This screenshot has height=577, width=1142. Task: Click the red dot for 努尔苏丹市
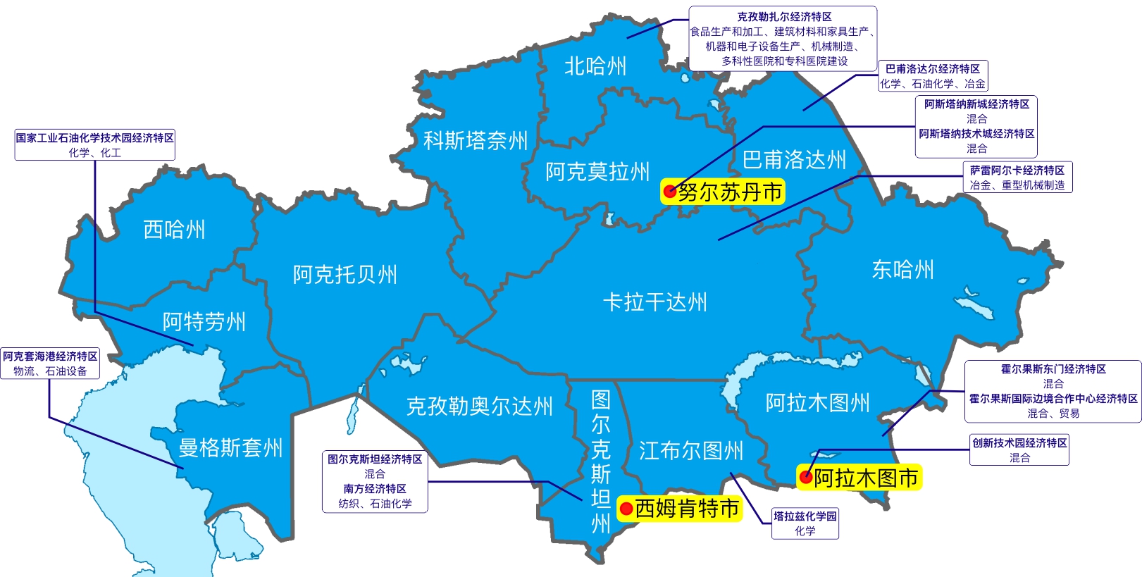click(x=670, y=191)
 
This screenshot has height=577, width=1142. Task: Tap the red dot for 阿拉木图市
click(x=806, y=478)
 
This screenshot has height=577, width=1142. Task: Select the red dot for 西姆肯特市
click(x=626, y=509)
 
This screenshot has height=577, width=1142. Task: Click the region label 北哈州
click(x=595, y=66)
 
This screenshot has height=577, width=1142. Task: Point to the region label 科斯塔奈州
click(x=476, y=141)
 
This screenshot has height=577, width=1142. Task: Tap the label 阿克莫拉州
click(x=597, y=172)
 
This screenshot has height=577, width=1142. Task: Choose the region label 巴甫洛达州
click(x=794, y=160)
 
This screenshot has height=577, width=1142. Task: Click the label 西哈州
click(x=174, y=230)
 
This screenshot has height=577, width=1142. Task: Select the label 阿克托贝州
click(x=345, y=275)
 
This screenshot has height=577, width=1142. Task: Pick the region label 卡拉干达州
click(x=654, y=303)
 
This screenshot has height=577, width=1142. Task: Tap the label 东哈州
click(x=902, y=270)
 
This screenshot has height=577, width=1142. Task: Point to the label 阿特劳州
click(x=204, y=322)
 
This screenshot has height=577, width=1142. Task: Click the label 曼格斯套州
click(x=230, y=448)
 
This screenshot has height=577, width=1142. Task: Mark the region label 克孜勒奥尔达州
click(x=479, y=407)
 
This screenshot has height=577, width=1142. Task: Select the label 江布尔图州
click(x=691, y=451)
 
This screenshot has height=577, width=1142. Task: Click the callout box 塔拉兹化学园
click(x=805, y=523)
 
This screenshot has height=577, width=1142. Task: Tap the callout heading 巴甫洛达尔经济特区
click(x=932, y=69)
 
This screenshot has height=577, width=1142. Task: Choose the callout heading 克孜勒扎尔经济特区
click(x=784, y=17)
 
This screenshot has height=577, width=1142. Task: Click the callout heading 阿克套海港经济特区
click(x=50, y=356)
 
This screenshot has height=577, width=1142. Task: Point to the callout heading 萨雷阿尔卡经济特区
click(x=1017, y=170)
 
